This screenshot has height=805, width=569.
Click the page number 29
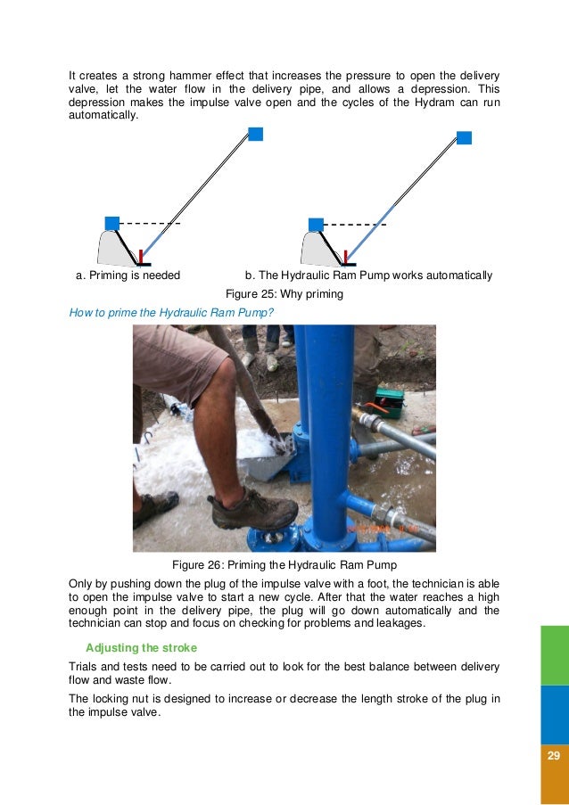tap(553, 756)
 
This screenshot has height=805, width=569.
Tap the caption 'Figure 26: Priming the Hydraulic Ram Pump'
tap(284, 564)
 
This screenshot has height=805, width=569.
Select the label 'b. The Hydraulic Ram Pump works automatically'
tap(368, 275)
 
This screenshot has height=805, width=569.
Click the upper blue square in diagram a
tap(255, 134)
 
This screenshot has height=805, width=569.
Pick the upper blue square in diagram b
tap(464, 137)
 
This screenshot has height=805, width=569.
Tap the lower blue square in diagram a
tap(112, 223)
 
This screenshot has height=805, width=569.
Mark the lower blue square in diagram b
tap(316, 224)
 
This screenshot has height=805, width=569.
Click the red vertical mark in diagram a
tap(141, 257)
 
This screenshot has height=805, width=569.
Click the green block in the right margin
tap(555, 654)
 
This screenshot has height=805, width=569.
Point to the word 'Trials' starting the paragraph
tap(86, 667)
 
